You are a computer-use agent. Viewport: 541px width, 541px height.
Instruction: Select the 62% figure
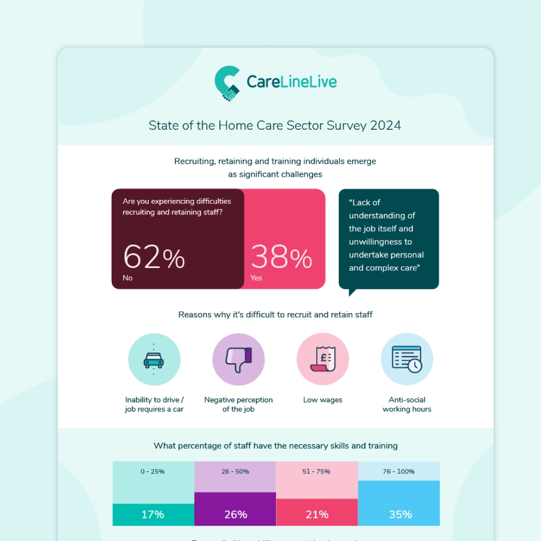click(154, 258)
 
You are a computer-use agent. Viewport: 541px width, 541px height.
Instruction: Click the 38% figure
click(281, 258)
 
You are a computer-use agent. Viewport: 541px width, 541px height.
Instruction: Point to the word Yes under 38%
click(256, 278)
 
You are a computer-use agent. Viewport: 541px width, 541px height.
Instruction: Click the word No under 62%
click(128, 278)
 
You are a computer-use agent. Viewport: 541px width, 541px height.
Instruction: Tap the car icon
click(154, 359)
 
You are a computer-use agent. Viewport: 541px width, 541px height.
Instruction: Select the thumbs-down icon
click(238, 359)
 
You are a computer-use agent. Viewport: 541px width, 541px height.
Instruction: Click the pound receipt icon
click(323, 359)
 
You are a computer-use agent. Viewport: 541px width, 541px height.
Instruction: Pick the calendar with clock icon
click(407, 359)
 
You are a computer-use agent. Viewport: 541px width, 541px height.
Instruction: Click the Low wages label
click(323, 400)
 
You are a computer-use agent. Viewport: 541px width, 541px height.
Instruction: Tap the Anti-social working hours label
click(407, 404)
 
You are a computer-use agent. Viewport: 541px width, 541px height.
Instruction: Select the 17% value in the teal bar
click(153, 514)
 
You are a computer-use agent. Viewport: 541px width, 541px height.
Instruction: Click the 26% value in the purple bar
click(235, 514)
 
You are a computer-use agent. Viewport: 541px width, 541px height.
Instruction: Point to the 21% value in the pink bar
click(317, 514)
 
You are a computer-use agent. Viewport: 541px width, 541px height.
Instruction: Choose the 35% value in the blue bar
click(400, 514)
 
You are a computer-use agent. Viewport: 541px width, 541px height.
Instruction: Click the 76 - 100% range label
click(399, 471)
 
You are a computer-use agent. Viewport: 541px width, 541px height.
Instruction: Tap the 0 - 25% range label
click(153, 471)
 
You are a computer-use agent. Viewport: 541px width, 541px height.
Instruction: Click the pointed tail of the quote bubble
click(351, 293)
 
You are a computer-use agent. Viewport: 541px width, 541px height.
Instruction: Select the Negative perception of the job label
click(238, 404)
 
